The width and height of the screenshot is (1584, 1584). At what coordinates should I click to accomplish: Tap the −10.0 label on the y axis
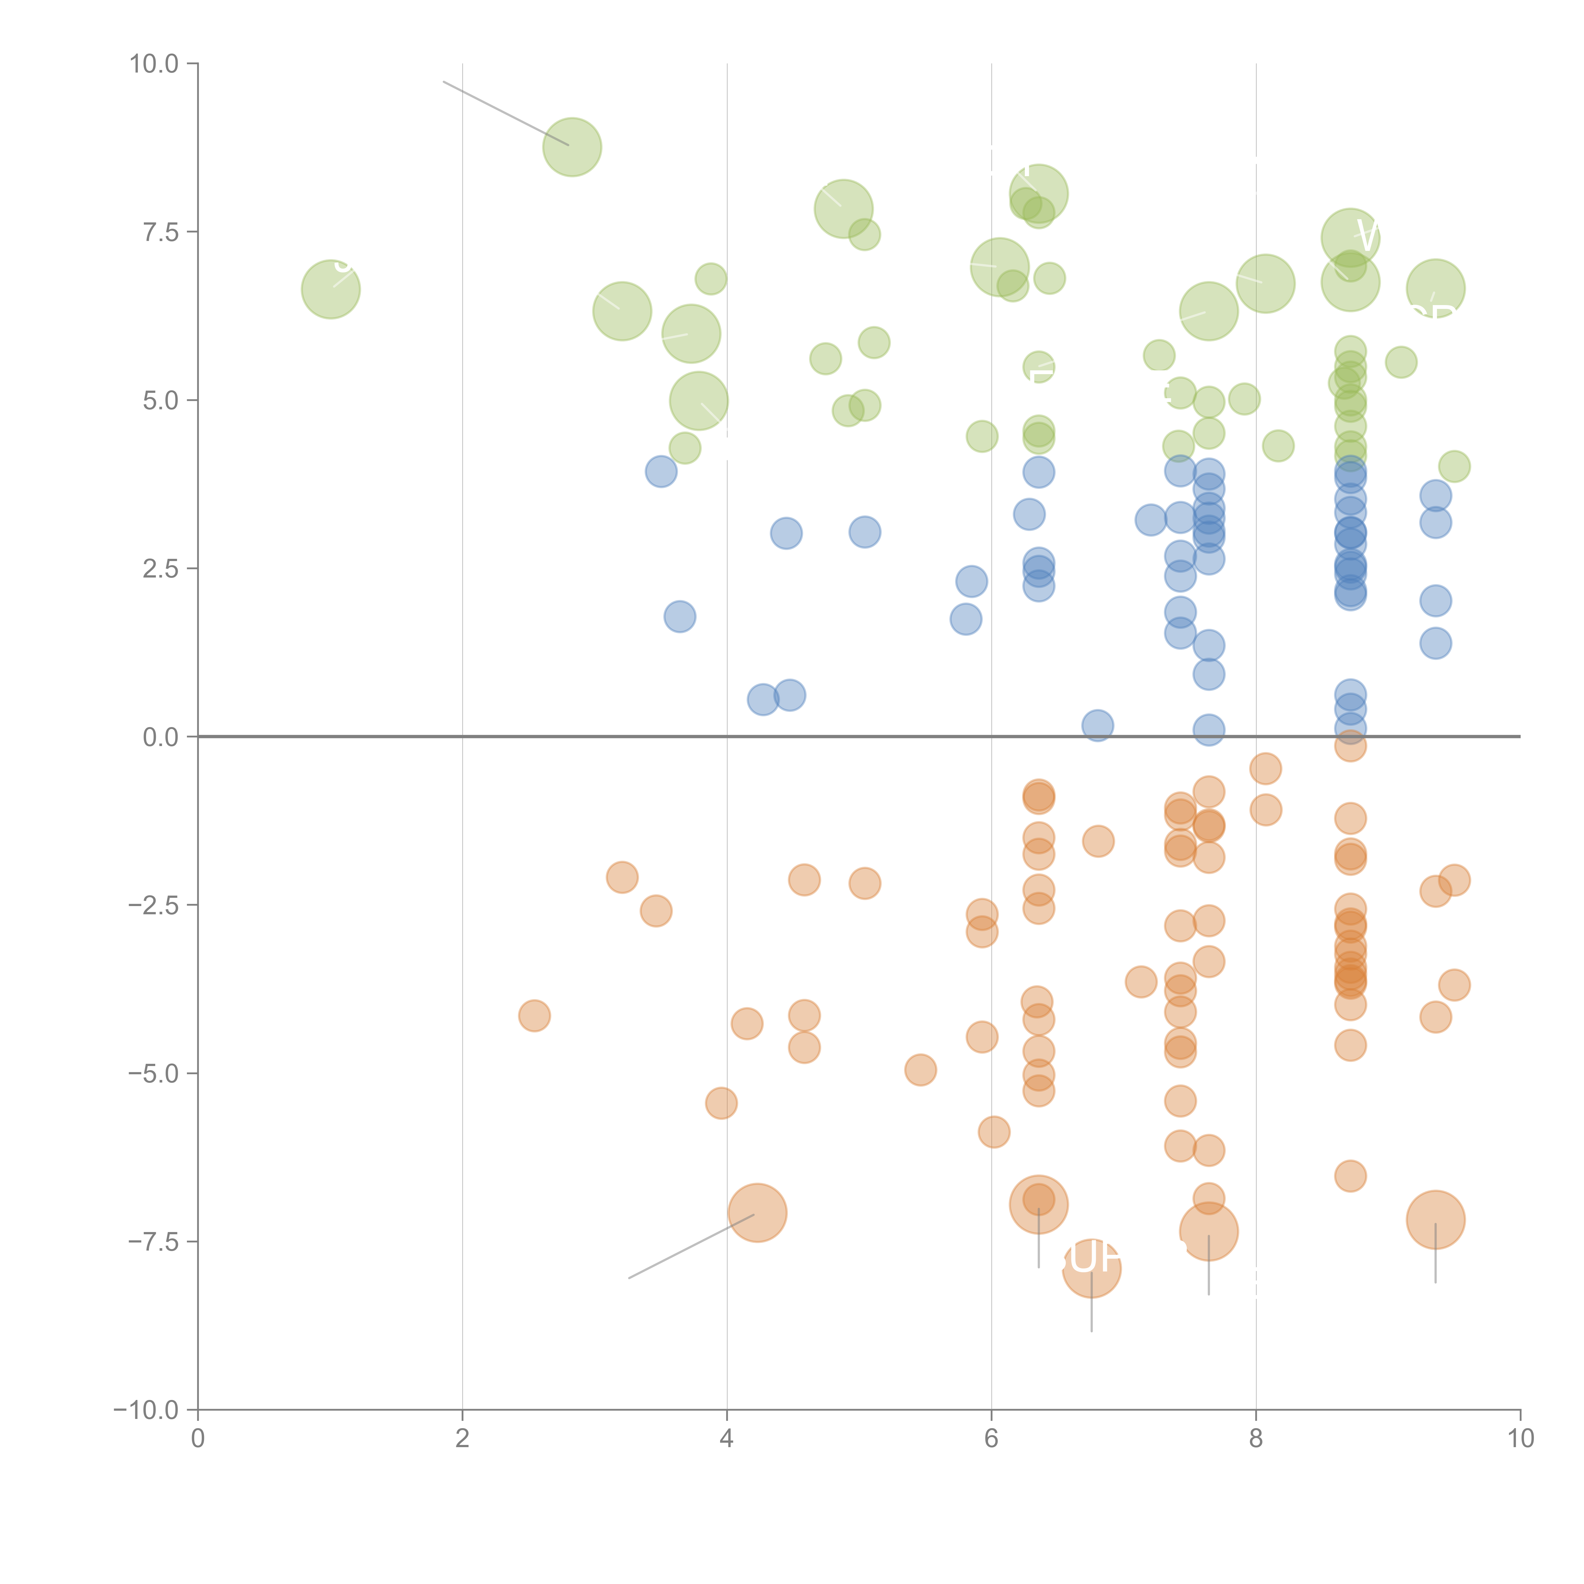tap(148, 1410)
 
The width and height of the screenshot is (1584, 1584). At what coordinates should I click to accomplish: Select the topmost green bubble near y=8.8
tap(572, 147)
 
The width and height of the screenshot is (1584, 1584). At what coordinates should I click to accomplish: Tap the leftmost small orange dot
tap(534, 1016)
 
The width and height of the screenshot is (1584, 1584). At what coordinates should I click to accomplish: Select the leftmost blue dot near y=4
tap(661, 471)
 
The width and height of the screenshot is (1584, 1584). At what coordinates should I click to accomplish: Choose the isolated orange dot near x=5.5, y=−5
tap(921, 1070)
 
